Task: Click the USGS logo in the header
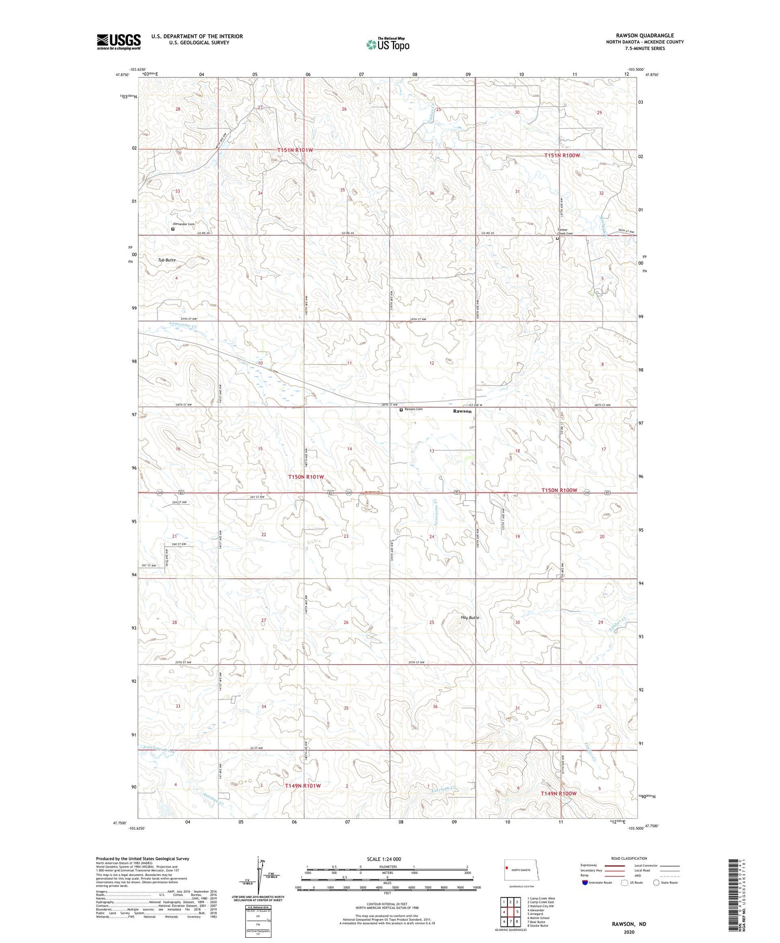click(x=119, y=42)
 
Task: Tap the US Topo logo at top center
click(x=387, y=45)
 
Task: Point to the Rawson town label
click(x=462, y=411)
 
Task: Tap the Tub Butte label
click(x=167, y=260)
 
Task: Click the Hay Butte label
click(x=470, y=617)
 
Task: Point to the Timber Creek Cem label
click(x=565, y=231)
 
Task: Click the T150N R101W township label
click(x=306, y=476)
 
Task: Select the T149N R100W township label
click(x=558, y=793)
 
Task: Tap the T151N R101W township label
click(x=295, y=150)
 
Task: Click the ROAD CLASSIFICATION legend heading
click(x=629, y=858)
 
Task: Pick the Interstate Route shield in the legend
click(x=584, y=882)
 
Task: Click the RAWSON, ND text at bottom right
click(x=629, y=924)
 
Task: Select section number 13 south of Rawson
click(x=431, y=451)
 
